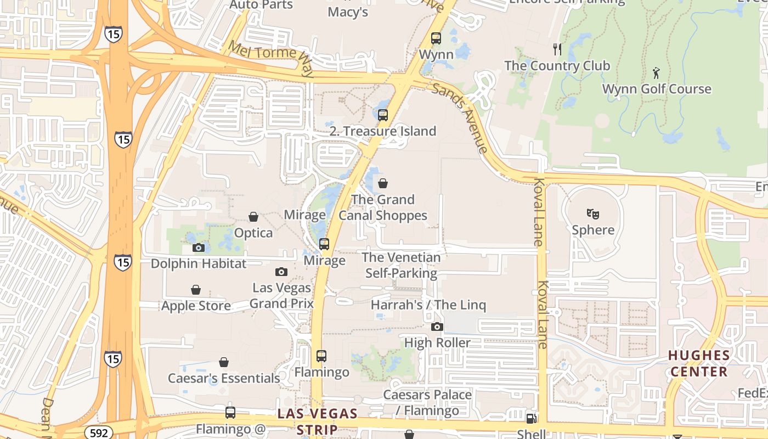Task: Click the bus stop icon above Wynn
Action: click(436, 38)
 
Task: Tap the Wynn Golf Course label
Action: click(657, 89)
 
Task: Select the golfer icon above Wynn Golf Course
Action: click(656, 72)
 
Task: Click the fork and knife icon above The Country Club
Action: click(557, 49)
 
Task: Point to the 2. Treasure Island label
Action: click(383, 131)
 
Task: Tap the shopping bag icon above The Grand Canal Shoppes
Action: click(383, 183)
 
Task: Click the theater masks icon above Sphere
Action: click(592, 213)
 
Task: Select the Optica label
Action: click(253, 233)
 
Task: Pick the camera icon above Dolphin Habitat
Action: click(199, 247)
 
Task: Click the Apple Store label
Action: click(196, 306)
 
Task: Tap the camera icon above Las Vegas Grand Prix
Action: click(281, 272)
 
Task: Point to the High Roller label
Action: click(437, 343)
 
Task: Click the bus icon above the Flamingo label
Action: click(321, 356)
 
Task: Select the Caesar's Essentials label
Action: click(224, 378)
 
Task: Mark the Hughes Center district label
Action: click(699, 363)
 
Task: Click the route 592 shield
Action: click(99, 433)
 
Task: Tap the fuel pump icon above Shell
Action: click(531, 419)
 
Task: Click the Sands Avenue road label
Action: click(460, 117)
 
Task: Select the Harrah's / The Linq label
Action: click(428, 305)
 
